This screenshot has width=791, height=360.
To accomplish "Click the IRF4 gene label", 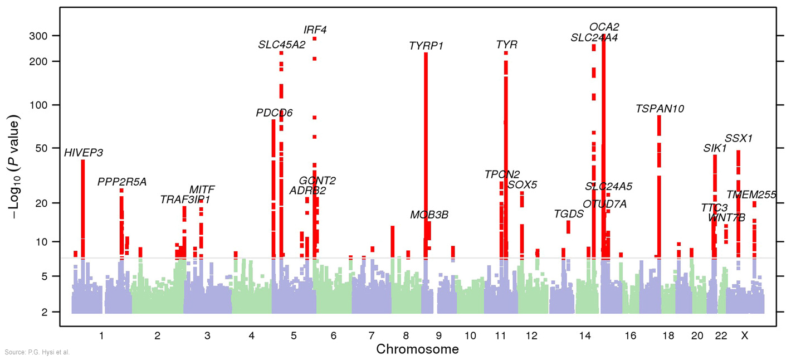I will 315,30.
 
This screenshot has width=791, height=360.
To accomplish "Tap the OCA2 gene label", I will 604,27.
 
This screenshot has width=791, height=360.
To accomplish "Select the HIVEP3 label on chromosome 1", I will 84,153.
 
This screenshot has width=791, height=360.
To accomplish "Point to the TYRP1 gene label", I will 426,46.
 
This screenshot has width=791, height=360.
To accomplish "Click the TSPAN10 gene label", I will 660,109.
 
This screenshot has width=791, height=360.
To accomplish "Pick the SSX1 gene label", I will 739,139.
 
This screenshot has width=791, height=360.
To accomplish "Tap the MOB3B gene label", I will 429,215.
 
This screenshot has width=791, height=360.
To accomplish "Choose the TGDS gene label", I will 569,214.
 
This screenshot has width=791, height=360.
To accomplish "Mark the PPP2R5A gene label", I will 122,182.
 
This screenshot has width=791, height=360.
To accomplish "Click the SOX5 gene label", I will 523,185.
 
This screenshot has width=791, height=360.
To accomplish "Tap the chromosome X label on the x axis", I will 744,335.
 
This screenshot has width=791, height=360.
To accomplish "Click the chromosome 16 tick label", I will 630,335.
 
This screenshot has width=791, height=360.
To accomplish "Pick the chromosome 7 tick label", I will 372,335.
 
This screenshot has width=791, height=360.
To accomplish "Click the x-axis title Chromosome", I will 417,350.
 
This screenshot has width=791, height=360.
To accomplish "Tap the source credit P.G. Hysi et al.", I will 38,352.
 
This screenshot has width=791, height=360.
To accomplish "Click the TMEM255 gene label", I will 751,195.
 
